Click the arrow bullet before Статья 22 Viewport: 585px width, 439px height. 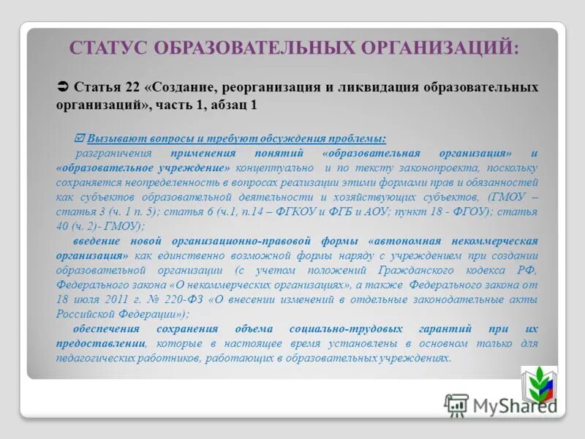(62, 86)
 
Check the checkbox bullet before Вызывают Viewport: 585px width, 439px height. (80, 138)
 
